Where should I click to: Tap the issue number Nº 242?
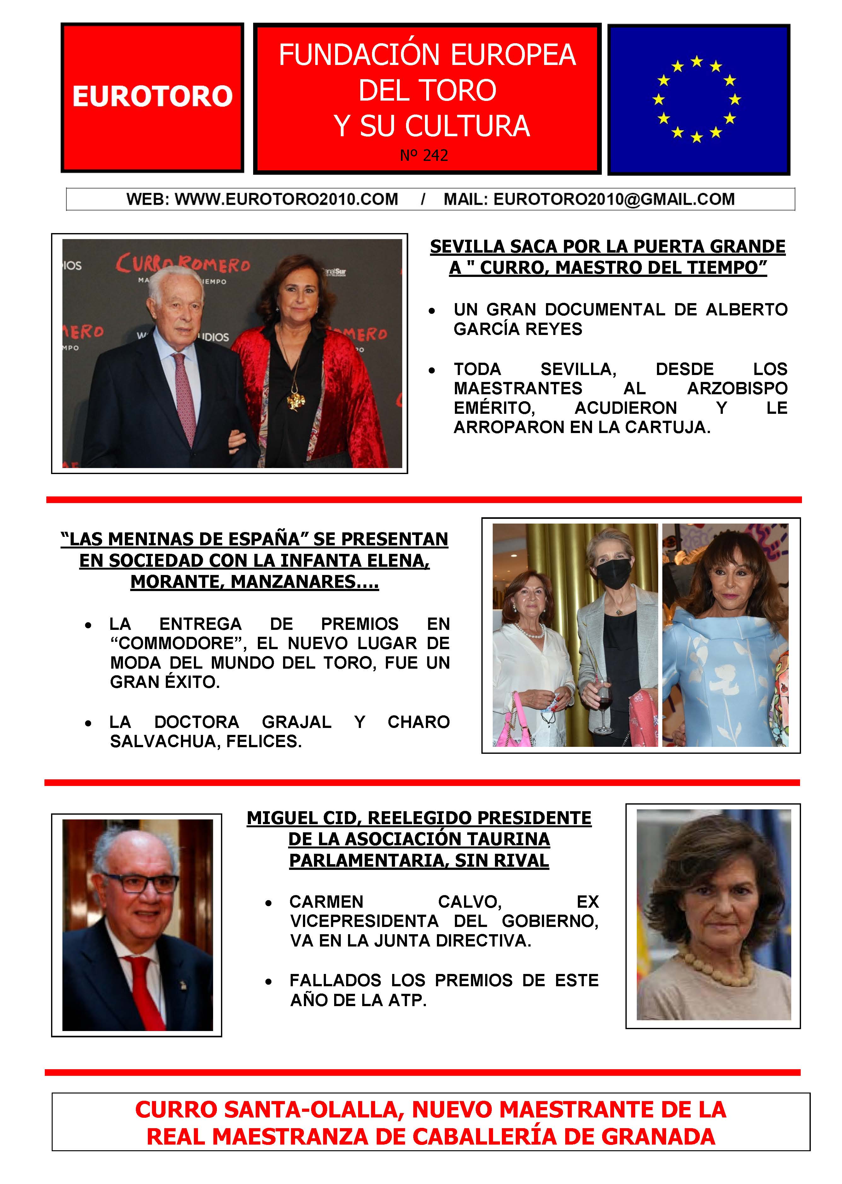424,155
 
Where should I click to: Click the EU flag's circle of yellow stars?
696,98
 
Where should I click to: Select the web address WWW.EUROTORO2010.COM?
286,199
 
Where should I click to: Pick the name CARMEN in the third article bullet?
326,902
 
